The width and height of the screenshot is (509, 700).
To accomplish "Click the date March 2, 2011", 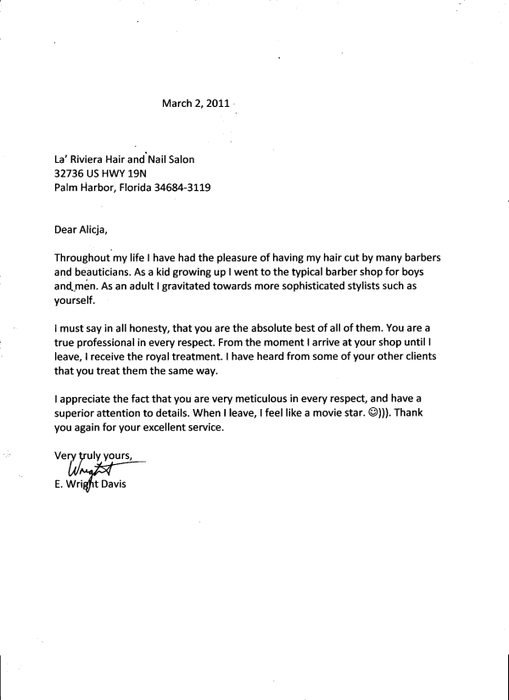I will point(196,104).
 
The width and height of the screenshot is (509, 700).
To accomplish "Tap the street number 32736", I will point(70,173).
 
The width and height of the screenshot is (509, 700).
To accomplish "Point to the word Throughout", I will point(84,257).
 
